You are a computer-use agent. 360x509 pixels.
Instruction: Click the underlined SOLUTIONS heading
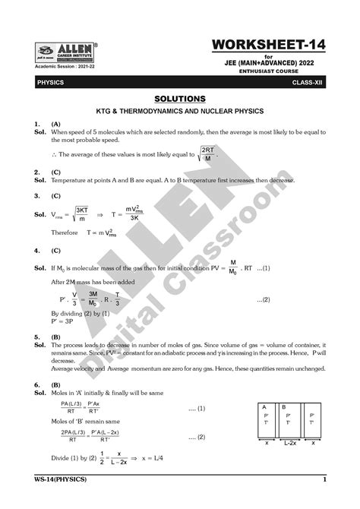[179, 99]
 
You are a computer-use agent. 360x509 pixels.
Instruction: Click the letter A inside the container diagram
[263, 406]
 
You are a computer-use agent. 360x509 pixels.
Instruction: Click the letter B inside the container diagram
[283, 406]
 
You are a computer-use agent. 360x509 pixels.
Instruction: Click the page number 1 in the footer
[324, 480]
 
